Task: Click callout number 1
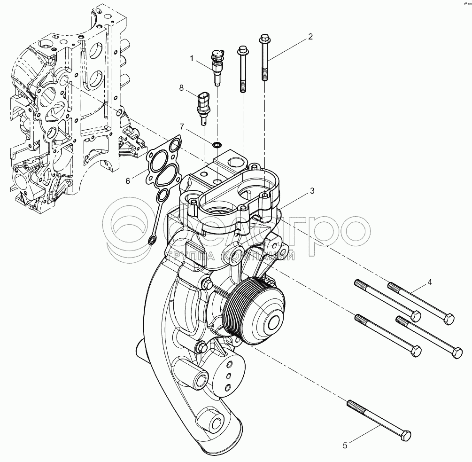pos(192,58)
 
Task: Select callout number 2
pos(310,37)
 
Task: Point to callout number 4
pos(429,282)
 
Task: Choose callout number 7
pos(182,127)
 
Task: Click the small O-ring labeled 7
pos(217,144)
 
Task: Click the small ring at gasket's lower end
pos(152,241)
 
